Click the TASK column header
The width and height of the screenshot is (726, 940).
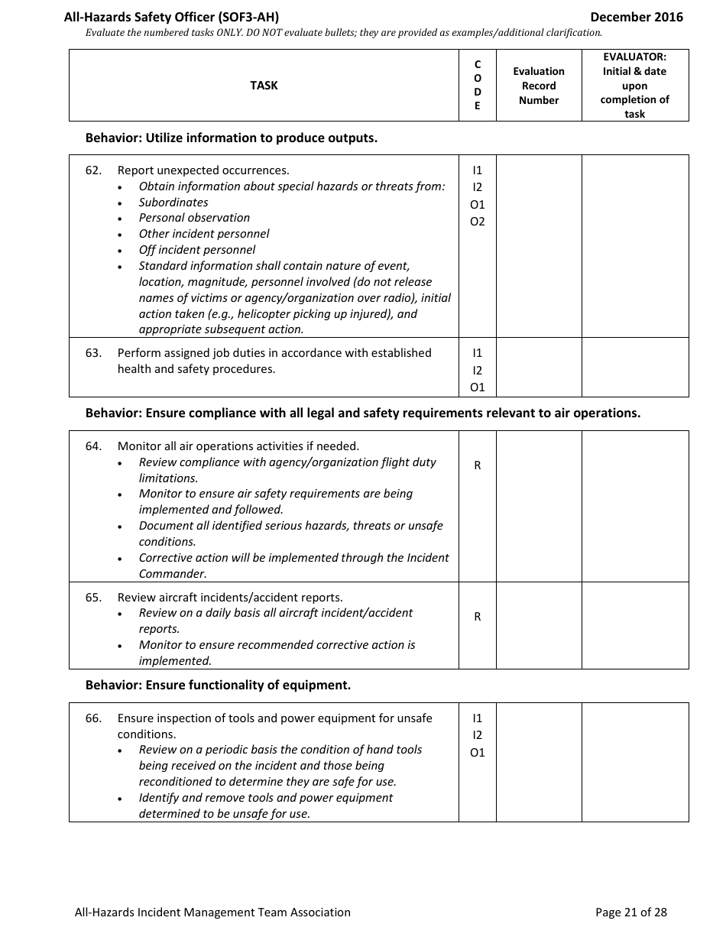(264, 86)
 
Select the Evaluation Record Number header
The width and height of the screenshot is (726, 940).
(539, 86)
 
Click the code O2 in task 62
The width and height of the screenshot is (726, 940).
(478, 222)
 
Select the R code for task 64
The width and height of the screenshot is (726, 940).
(478, 465)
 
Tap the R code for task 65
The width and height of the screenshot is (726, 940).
(478, 617)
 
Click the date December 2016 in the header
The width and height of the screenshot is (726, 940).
(637, 17)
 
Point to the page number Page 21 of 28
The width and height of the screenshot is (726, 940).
(630, 912)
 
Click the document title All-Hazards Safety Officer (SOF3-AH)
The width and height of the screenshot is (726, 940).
(177, 17)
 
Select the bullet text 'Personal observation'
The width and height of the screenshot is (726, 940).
(194, 218)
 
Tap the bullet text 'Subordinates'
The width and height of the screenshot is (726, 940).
(173, 203)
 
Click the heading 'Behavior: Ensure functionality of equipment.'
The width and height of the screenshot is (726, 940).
(218, 686)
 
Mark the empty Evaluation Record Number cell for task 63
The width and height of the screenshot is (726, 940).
(539, 368)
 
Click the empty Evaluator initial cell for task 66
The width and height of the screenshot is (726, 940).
(635, 762)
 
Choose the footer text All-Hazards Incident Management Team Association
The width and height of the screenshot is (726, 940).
(212, 912)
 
